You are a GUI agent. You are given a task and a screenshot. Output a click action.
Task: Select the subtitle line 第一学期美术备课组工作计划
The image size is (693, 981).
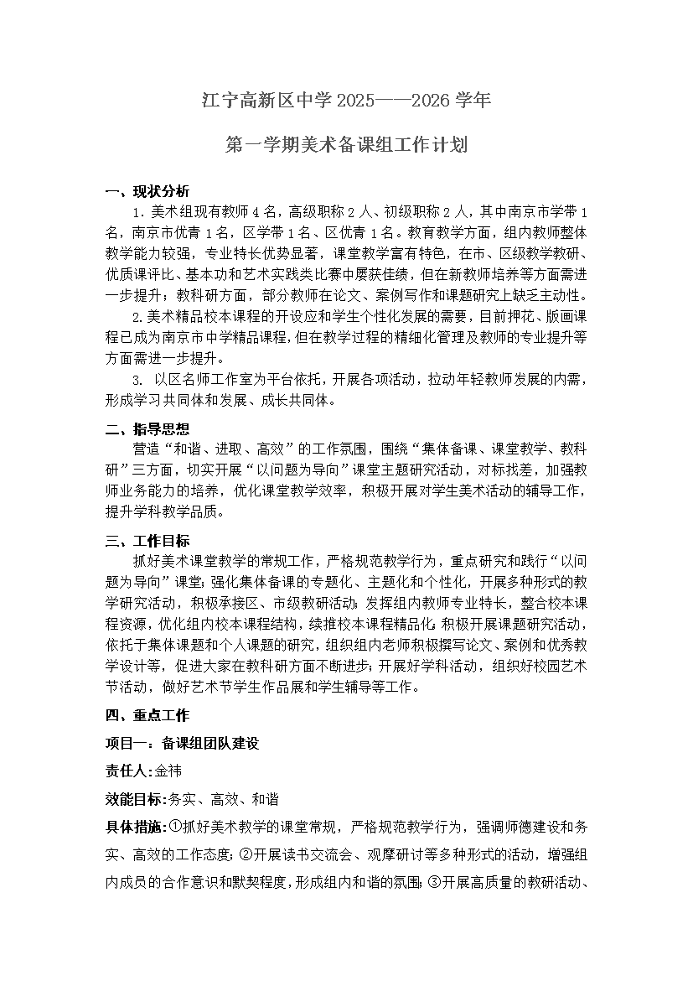pyautogui.click(x=346, y=145)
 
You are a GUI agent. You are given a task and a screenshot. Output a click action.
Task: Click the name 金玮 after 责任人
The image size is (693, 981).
pyautogui.click(x=168, y=771)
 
